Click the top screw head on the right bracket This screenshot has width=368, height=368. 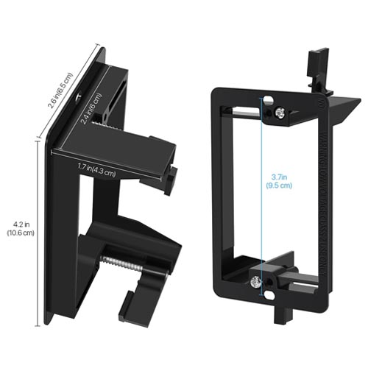[280, 113]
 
